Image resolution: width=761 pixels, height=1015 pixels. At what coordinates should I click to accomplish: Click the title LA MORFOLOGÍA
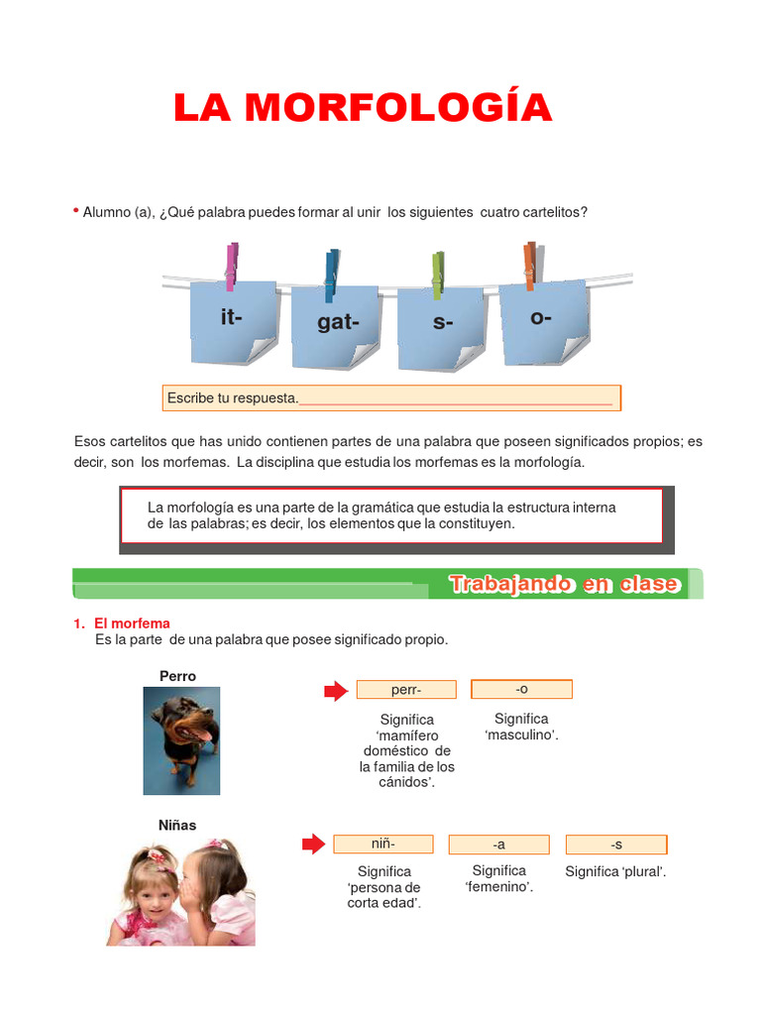click(x=363, y=107)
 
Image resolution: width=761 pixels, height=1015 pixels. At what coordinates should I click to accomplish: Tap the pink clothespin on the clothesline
click(x=232, y=266)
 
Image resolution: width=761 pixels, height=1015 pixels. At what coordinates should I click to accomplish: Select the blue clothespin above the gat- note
click(x=331, y=275)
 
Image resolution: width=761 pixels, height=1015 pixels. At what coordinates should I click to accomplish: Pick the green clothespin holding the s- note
click(x=437, y=277)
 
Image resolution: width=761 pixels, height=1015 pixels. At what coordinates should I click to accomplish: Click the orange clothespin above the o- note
click(x=530, y=265)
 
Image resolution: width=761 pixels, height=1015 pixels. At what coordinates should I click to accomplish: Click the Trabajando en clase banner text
click(x=565, y=584)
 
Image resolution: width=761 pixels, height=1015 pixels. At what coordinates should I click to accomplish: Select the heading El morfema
click(x=132, y=623)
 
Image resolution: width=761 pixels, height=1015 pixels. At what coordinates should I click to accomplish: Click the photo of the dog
click(x=181, y=740)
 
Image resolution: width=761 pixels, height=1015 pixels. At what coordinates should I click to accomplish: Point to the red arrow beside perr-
click(x=336, y=690)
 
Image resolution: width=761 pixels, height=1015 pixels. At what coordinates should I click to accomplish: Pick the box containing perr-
click(x=406, y=690)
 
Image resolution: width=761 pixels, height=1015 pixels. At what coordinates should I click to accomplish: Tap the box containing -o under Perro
click(x=521, y=689)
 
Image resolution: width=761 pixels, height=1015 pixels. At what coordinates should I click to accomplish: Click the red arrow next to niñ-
click(x=313, y=844)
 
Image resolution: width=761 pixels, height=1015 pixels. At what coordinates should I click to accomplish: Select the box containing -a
click(x=498, y=845)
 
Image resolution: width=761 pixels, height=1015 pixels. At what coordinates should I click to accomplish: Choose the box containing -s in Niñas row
click(x=615, y=845)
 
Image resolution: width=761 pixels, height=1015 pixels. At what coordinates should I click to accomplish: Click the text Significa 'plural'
click(x=615, y=871)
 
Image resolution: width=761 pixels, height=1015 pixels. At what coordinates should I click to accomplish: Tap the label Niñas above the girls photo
click(x=177, y=825)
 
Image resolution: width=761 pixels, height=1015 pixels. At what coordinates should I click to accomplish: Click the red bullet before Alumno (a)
click(x=75, y=211)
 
